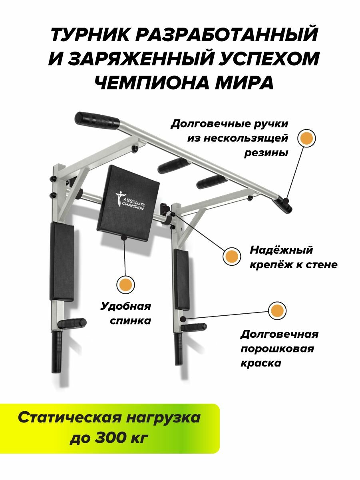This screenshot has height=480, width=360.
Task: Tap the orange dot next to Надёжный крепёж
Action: tap(232, 255)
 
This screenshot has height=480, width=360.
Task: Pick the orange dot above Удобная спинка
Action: tap(125, 284)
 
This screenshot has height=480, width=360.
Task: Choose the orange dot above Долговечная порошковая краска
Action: tap(277, 311)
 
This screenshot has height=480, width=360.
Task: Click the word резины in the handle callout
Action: tap(266, 153)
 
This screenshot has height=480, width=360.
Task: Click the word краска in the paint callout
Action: tap(261, 363)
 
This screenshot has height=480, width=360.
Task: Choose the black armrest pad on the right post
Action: tap(181, 280)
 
